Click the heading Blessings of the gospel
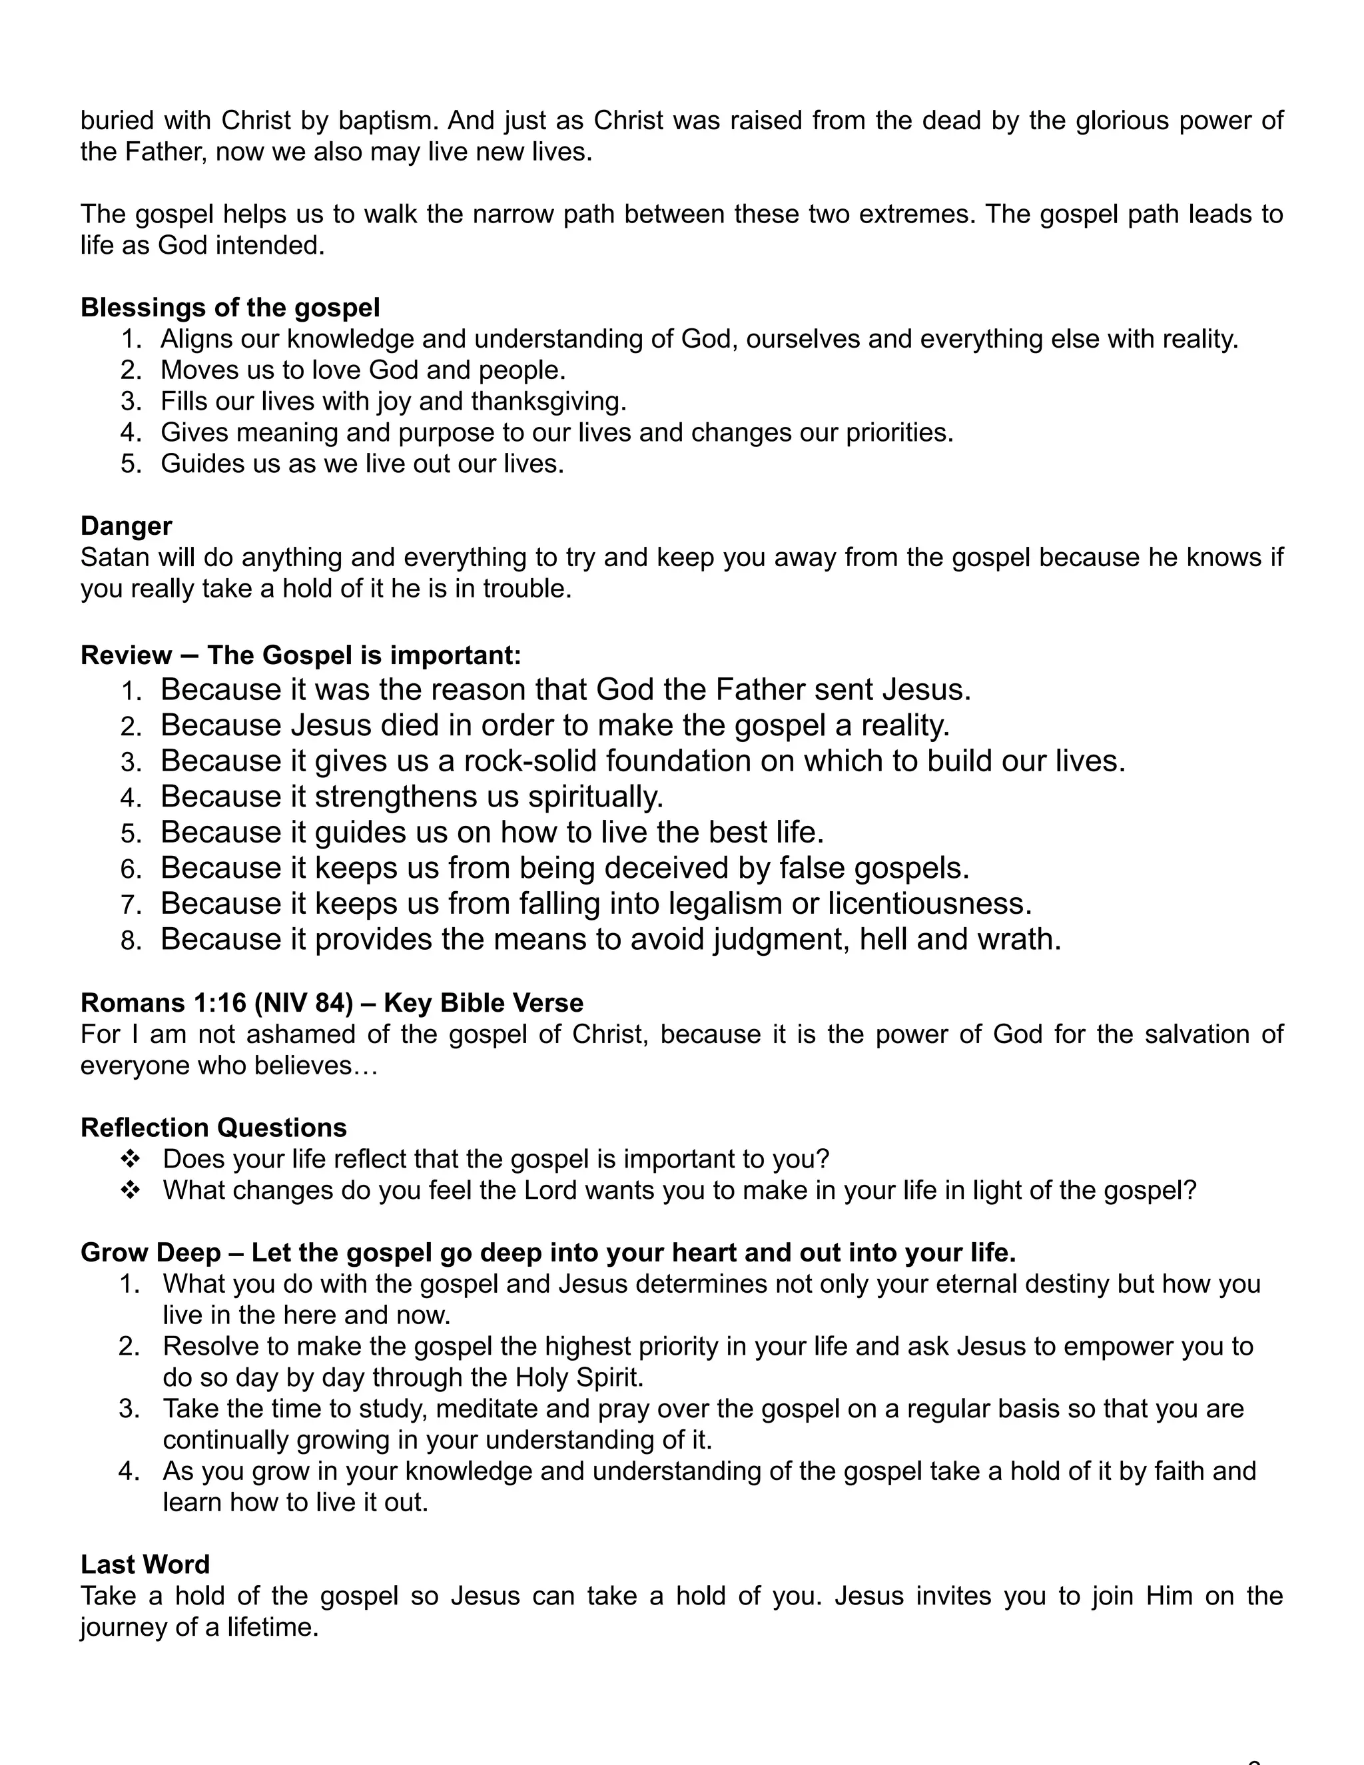point(230,308)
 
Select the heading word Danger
point(126,526)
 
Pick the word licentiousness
point(929,904)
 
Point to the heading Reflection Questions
point(213,1128)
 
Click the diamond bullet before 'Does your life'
point(129,1160)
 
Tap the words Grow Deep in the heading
point(151,1253)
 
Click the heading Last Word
point(145,1565)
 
